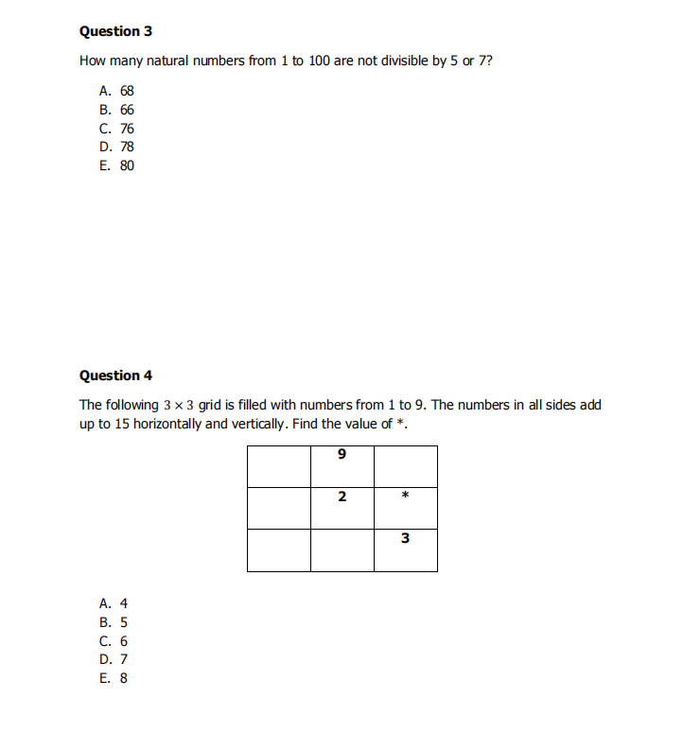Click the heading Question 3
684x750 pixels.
tap(115, 31)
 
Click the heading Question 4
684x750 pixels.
tap(115, 375)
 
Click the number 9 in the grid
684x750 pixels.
tap(342, 455)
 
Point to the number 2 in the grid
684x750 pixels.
tap(342, 497)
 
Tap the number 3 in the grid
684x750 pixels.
tap(405, 538)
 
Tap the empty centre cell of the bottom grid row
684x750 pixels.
tap(342, 549)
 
